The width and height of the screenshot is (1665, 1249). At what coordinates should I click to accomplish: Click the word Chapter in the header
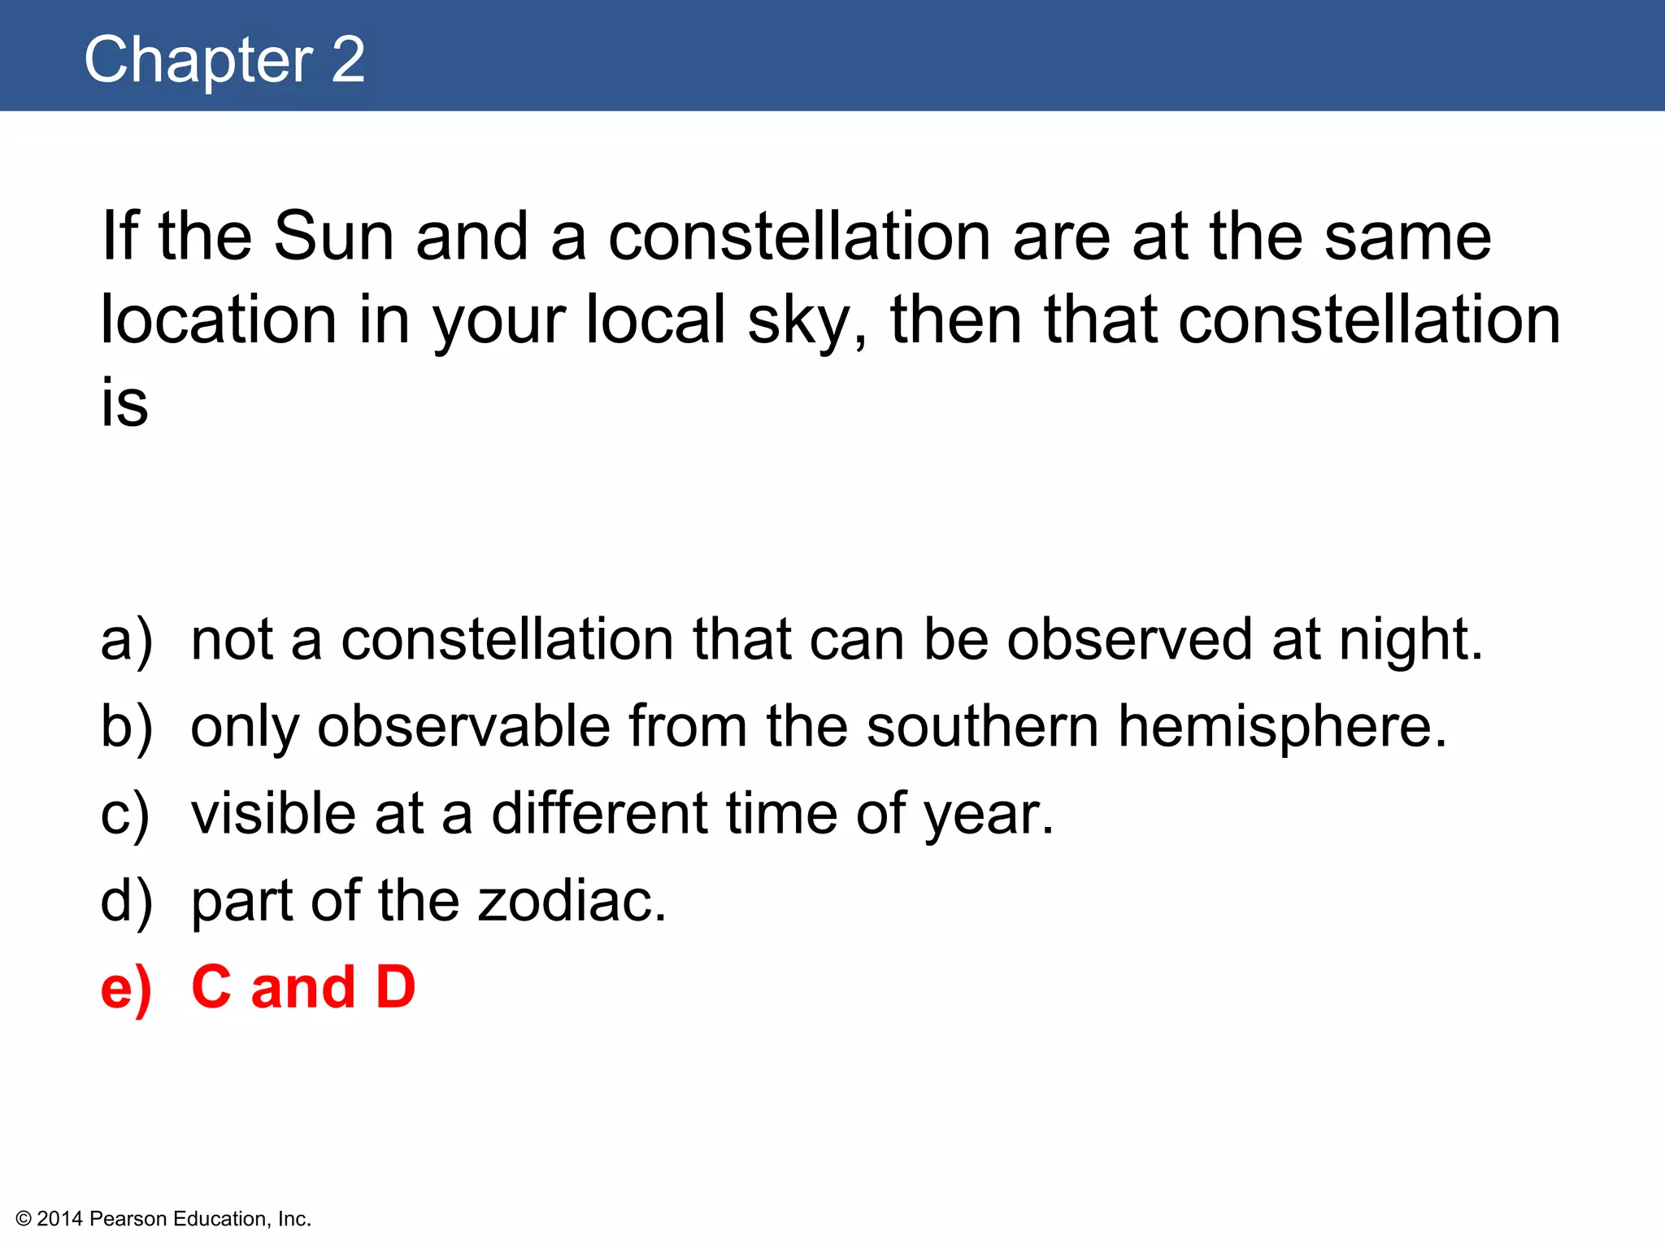[198, 60]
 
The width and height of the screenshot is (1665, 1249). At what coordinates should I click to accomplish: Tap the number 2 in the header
[348, 60]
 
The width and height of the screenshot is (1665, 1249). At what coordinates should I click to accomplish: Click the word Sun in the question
[333, 237]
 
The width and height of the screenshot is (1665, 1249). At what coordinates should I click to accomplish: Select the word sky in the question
[800, 322]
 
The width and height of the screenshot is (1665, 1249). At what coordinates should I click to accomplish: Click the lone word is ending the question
[124, 403]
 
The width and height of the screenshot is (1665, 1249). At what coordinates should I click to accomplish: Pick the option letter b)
[126, 727]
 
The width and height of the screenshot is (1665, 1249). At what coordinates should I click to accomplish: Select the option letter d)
[126, 901]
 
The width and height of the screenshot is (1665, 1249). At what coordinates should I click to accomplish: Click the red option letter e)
[126, 988]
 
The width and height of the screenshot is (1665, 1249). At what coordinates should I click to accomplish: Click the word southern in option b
[982, 726]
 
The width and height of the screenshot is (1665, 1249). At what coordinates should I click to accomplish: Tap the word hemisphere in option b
[1281, 726]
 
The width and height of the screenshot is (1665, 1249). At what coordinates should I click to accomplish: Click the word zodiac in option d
[572, 901]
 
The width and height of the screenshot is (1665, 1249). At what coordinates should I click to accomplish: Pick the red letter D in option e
[395, 987]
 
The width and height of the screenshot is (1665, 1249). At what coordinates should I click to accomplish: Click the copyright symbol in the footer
[24, 1219]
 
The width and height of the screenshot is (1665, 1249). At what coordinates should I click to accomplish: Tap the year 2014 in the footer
[60, 1219]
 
